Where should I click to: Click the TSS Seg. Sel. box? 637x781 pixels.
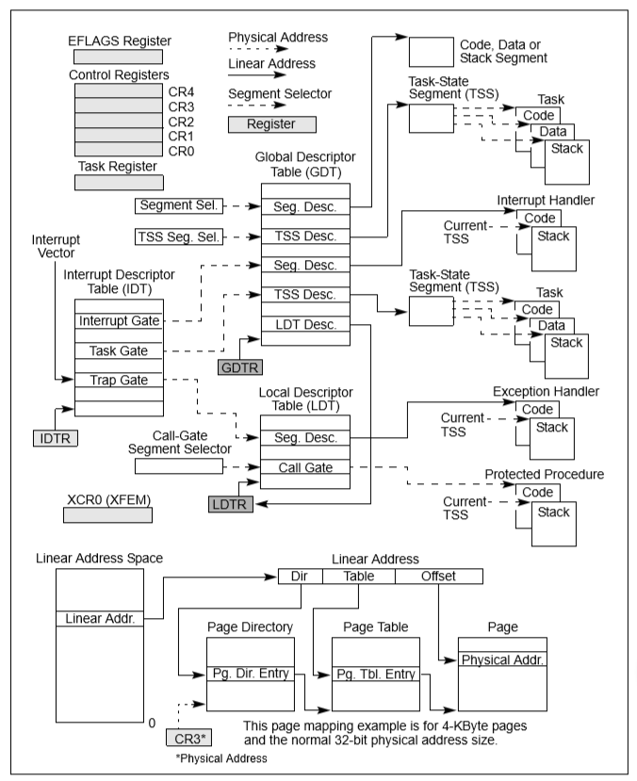pos(177,236)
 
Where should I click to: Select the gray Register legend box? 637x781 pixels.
pos(272,122)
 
